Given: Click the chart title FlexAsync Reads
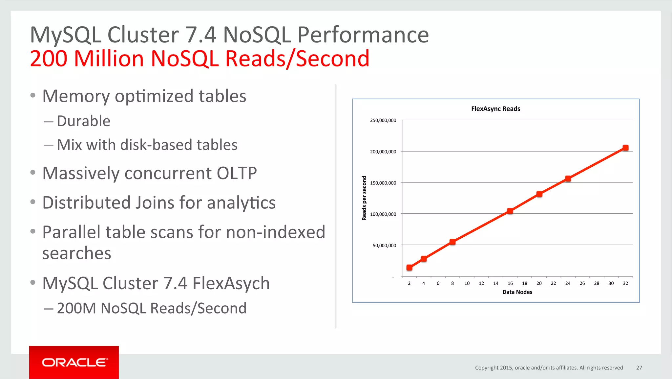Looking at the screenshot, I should point(495,109).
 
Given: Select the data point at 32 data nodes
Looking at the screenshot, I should point(625,148).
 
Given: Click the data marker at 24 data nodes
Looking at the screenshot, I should point(568,179).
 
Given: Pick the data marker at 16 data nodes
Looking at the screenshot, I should point(510,211).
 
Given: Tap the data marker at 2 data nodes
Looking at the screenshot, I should point(409,268).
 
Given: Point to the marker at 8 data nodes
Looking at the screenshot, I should point(452,242).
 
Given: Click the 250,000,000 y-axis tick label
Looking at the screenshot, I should point(383,120).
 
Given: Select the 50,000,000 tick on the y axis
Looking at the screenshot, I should point(384,245).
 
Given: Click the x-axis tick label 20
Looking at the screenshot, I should point(539,283).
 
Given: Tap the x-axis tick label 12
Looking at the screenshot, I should point(481,283).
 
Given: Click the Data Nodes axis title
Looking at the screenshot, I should point(517,292).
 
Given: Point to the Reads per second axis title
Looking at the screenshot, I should point(364,198).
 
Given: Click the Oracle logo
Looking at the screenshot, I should point(74,362).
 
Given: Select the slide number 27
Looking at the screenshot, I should point(639,368).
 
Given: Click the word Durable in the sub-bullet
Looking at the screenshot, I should point(84,121).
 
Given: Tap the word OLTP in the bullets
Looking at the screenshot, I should point(237,173).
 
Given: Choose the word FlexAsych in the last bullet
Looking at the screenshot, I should point(231,283).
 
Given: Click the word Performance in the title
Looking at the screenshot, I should point(363,35).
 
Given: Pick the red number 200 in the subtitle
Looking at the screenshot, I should point(49,59).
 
